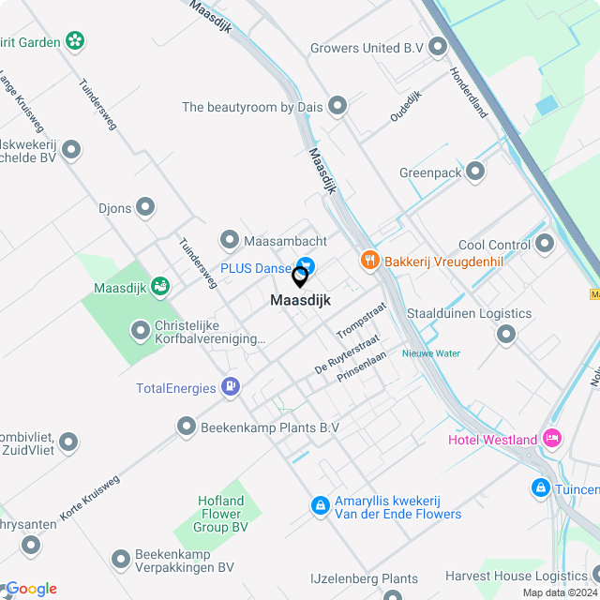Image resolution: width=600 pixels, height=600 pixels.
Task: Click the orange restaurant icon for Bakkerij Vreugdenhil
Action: pos(370,261)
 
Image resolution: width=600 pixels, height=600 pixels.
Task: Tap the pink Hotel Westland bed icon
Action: pos(551,439)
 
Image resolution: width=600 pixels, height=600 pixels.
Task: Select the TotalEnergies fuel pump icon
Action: pos(230,387)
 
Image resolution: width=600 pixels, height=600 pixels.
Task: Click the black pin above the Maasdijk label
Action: pos(300,277)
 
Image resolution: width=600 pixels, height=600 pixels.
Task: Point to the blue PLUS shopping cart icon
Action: pos(305,267)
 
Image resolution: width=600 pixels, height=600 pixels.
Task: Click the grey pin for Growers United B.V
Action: pos(438,47)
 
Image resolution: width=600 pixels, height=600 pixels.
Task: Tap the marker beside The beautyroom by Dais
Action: pos(337,107)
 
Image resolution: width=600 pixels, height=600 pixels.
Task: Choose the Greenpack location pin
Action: pos(475,172)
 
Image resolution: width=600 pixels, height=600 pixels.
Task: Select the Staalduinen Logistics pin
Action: pos(506,335)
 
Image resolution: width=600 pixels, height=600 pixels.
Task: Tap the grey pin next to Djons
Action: pos(145,207)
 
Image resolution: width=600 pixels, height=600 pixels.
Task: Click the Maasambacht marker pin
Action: pos(230,241)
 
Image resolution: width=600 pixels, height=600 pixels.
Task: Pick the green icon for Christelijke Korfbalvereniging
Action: pos(140,330)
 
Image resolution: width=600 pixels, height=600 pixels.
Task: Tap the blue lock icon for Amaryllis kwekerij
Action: pos(321,505)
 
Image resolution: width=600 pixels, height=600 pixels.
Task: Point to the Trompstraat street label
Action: pos(362,321)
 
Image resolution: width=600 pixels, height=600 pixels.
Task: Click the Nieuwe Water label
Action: pos(431,353)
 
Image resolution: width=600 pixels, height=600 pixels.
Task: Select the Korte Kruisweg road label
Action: pos(90,499)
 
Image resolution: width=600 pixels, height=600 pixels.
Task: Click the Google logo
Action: pos(31,588)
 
